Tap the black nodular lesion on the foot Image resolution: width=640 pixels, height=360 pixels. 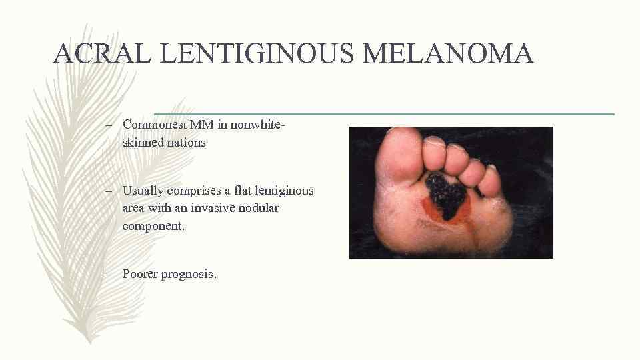coord(445,194)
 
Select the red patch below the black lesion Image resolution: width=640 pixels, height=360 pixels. coord(432,212)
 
